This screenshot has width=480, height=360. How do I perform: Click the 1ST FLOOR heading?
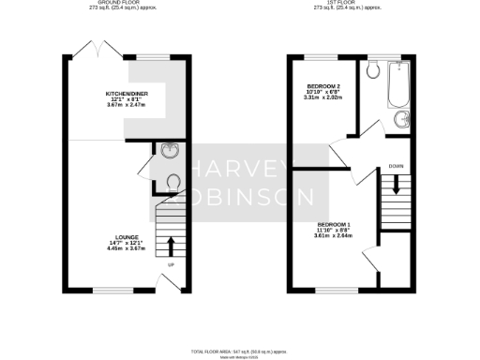pos(352,5)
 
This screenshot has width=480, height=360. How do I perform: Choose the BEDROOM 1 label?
pos(334,225)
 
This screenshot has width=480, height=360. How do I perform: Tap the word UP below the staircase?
pos(171,265)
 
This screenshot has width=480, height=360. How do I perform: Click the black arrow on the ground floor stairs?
pos(171,247)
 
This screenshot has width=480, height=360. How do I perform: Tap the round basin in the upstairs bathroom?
pos(404,119)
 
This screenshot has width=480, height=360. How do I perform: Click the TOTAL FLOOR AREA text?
pos(240,349)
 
